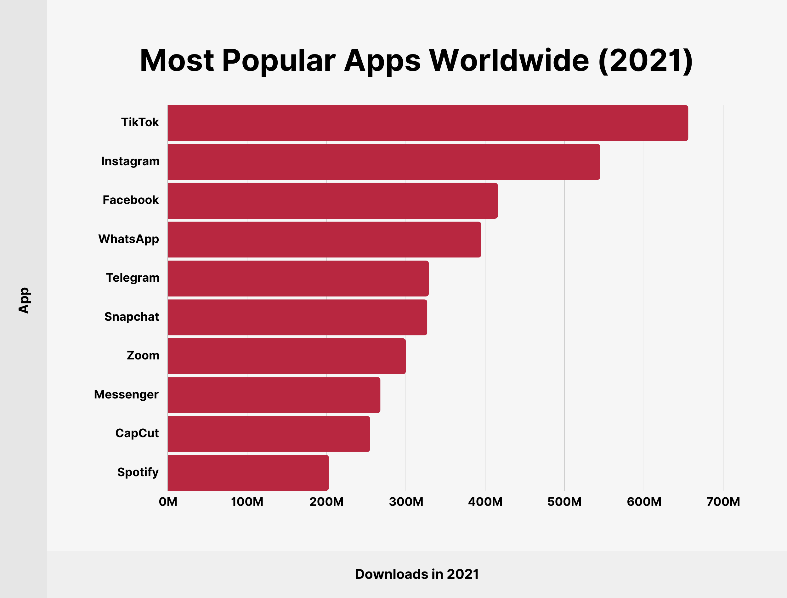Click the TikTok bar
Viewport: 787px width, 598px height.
pyautogui.click(x=427, y=123)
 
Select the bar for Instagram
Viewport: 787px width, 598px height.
pyautogui.click(x=384, y=162)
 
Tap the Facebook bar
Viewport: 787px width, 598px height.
pyautogui.click(x=332, y=201)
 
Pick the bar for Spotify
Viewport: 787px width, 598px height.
pyautogui.click(x=248, y=473)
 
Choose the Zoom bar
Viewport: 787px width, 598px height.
pyautogui.click(x=286, y=356)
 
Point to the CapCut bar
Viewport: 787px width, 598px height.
pyautogui.click(x=269, y=434)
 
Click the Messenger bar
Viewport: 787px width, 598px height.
pyautogui.click(x=274, y=395)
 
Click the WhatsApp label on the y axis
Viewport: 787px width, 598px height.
pyautogui.click(x=128, y=239)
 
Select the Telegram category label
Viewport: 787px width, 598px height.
pyautogui.click(x=133, y=278)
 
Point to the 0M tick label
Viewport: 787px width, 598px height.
pyautogui.click(x=168, y=502)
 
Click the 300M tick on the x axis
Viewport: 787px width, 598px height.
pyautogui.click(x=406, y=502)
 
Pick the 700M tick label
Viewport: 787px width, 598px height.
pyautogui.click(x=723, y=502)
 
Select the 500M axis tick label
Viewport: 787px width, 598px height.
pyautogui.click(x=564, y=502)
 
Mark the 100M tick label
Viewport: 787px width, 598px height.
pyautogui.click(x=247, y=502)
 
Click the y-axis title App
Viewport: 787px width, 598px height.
pyautogui.click(x=24, y=301)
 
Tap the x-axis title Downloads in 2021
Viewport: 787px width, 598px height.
pyautogui.click(x=417, y=574)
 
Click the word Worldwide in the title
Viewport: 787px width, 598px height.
pyautogui.click(x=509, y=60)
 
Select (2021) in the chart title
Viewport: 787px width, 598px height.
pyautogui.click(x=645, y=60)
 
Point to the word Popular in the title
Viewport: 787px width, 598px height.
pyautogui.click(x=279, y=60)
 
